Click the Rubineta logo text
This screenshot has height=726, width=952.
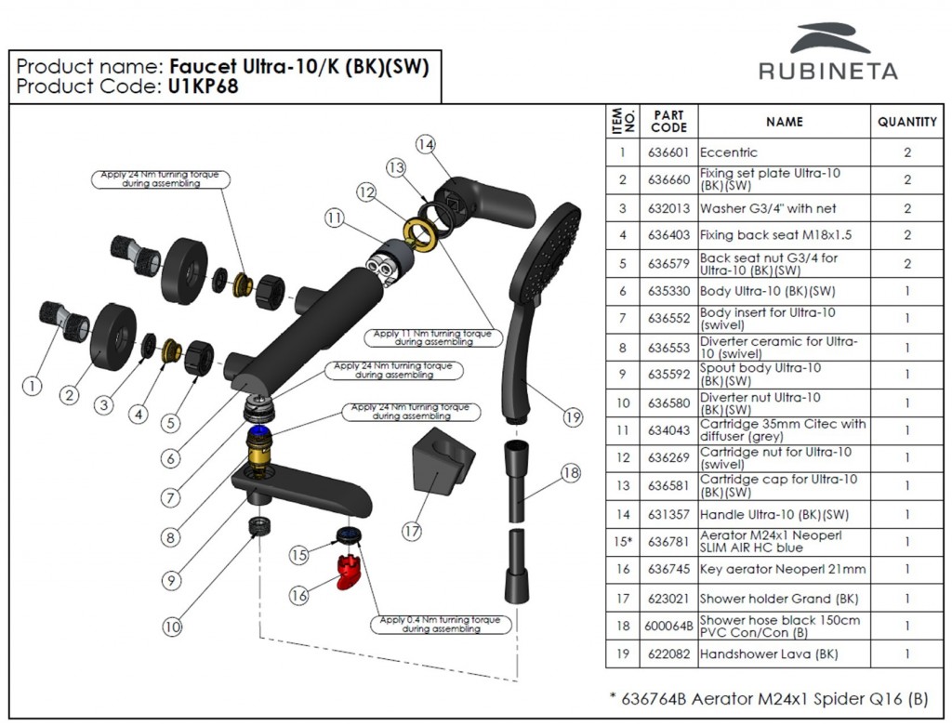coord(827,72)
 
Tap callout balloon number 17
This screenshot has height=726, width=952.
coord(412,532)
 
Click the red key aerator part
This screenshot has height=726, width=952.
coord(347,573)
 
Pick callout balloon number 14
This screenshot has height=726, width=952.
coord(425,144)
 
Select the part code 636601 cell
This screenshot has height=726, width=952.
coord(668,152)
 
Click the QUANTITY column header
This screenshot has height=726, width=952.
coord(906,122)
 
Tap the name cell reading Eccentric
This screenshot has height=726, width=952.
coord(729,152)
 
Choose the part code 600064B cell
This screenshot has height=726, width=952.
coord(668,627)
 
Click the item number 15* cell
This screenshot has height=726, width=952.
coord(623,542)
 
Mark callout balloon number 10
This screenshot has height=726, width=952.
coord(172,627)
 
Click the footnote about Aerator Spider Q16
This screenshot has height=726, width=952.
coord(766,698)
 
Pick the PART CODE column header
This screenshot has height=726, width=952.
coord(668,122)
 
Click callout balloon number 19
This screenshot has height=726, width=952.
coord(574,417)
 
